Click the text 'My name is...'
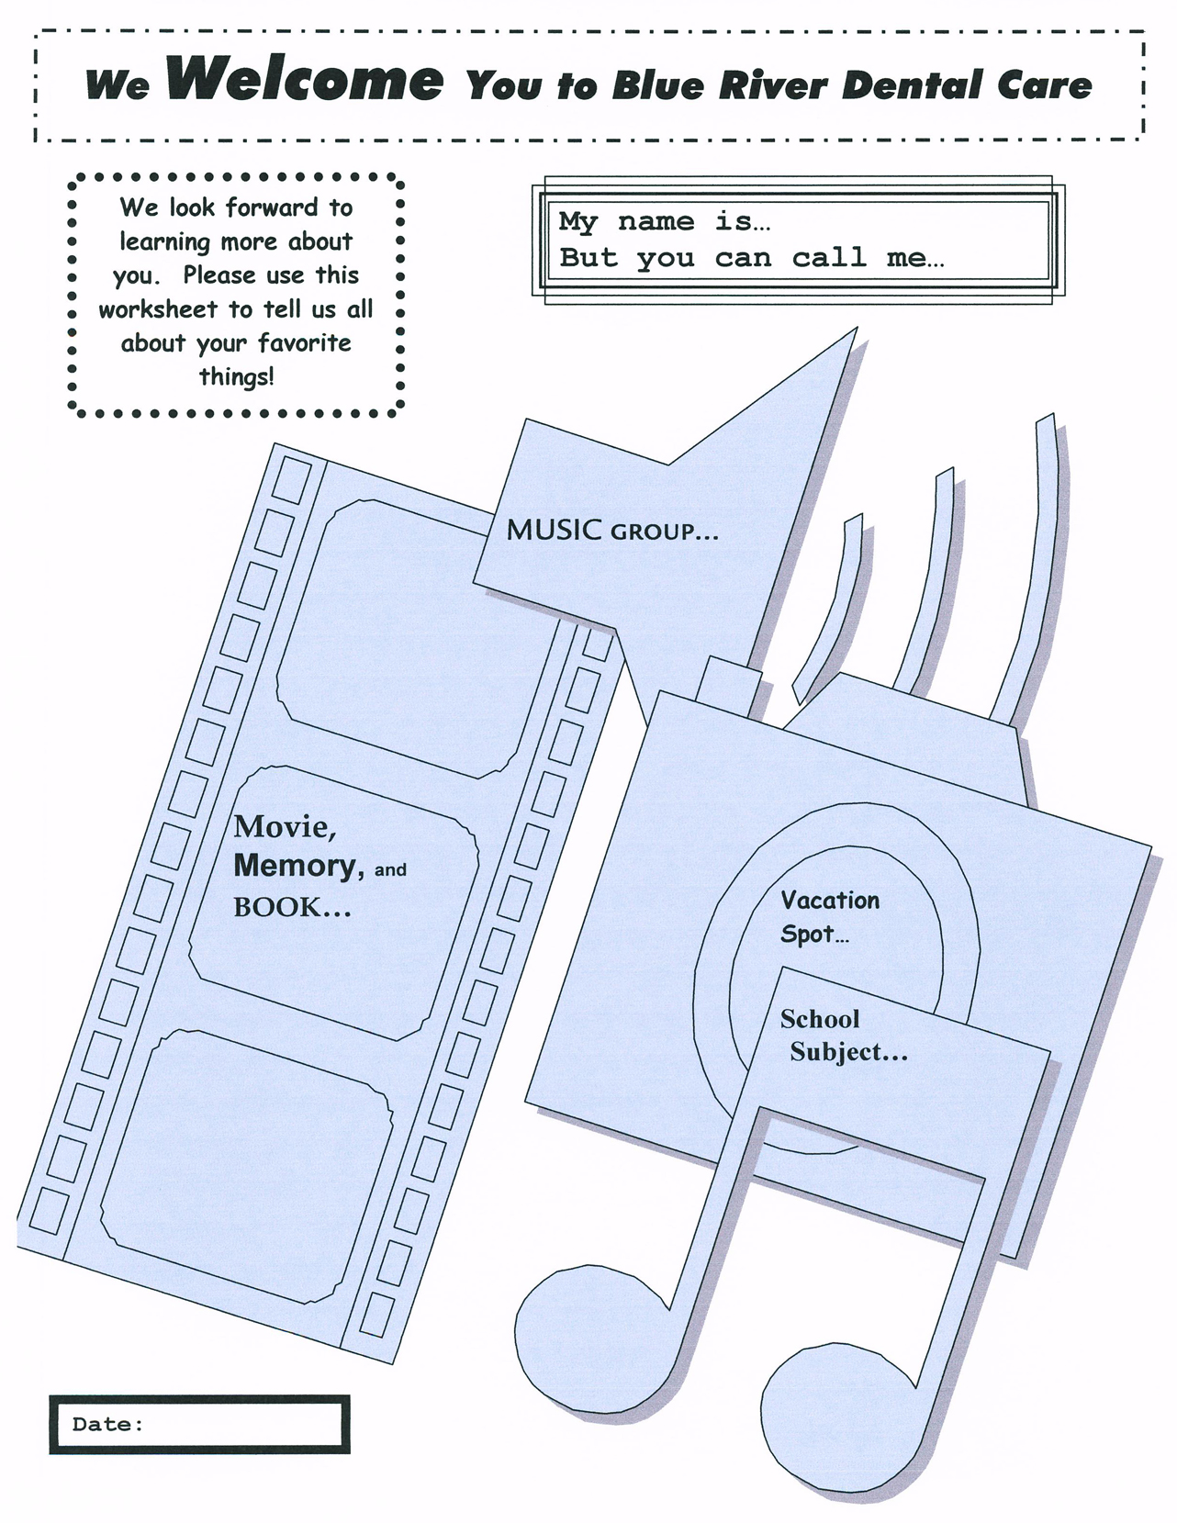664,221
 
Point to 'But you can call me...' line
752,258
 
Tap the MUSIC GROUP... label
612,530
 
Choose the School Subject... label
845,1036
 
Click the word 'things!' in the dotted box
236,376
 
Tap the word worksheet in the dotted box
158,309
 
